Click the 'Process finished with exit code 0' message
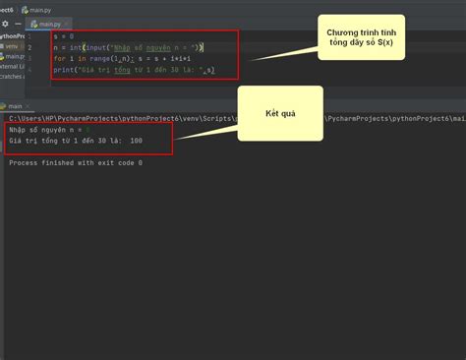click(76, 162)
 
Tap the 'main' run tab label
click(14, 105)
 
